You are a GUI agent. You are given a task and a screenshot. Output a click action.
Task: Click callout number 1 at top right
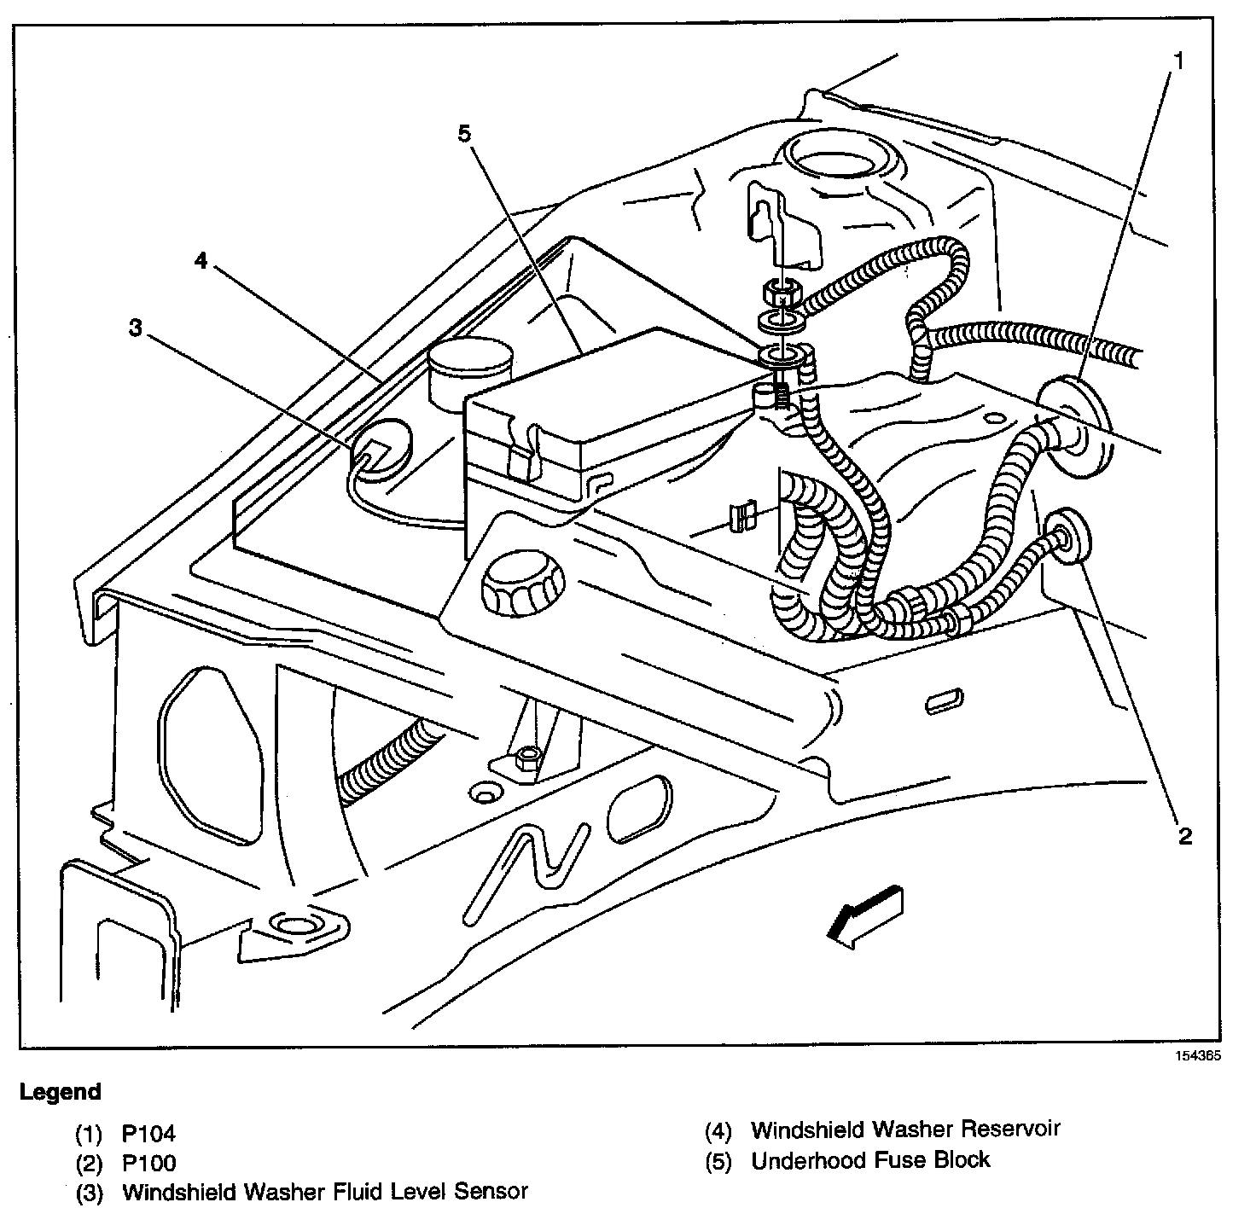coord(1178,61)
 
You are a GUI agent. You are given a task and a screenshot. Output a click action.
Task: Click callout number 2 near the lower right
coord(1184,835)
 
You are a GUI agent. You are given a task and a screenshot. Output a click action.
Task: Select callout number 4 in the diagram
coord(201,260)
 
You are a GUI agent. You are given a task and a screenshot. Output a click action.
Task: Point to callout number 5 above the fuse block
coord(463,134)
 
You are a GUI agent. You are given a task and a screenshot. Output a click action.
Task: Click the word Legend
coord(61,1091)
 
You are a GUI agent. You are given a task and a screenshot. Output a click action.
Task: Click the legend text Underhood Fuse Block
coord(870,1160)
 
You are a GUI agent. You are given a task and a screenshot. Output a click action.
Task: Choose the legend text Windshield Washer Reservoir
coord(905,1130)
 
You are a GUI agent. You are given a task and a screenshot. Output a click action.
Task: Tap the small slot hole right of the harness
coord(945,700)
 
